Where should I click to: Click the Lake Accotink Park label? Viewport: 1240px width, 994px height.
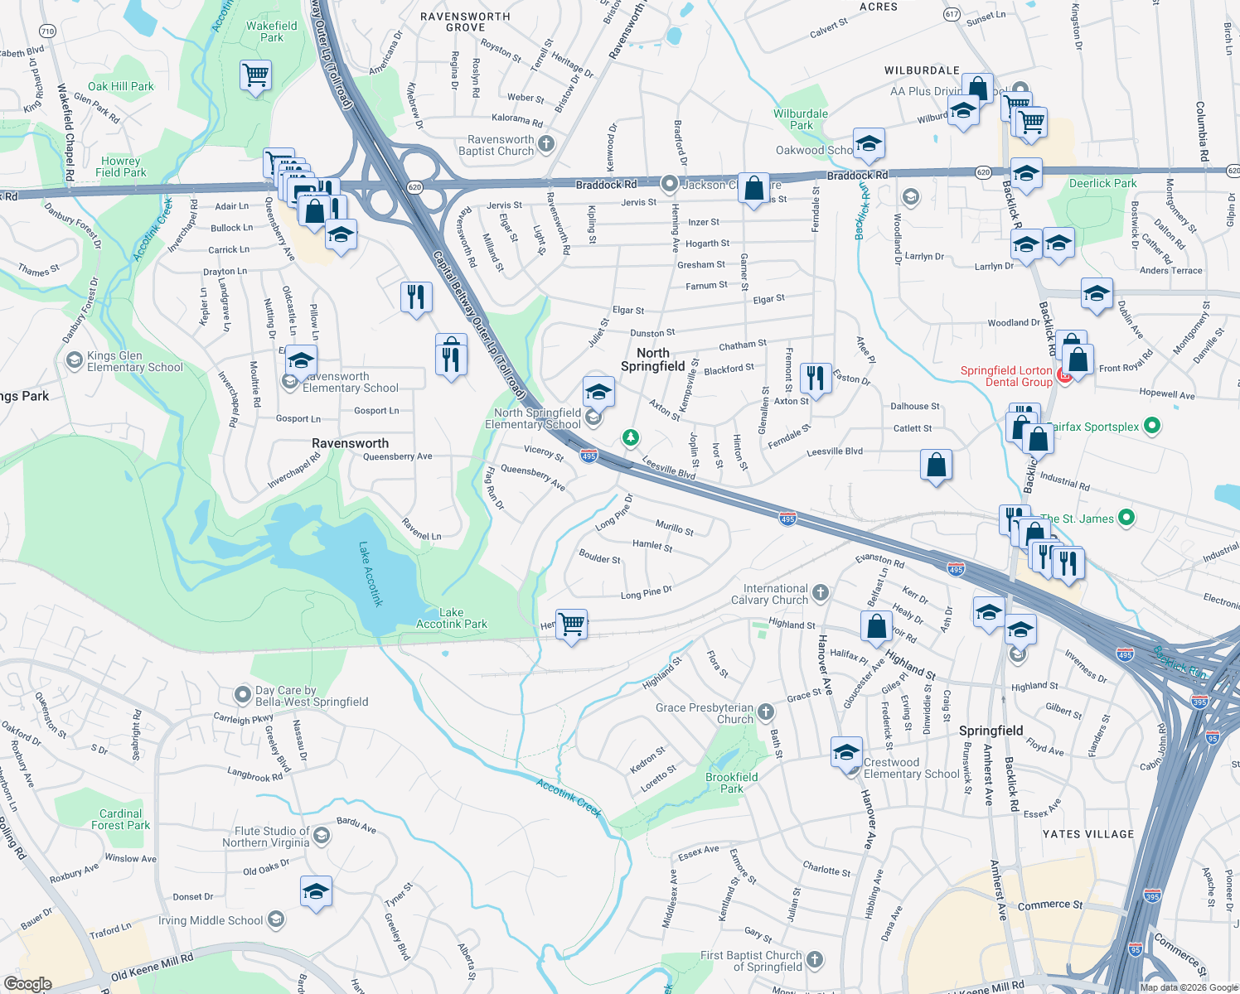coord(451,618)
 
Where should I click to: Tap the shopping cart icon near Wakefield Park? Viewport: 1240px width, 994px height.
coord(256,76)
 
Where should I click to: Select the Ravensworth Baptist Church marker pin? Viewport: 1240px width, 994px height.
coord(546,144)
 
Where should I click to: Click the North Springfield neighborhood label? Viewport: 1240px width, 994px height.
coord(652,359)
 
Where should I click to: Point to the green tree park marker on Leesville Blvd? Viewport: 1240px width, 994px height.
coord(631,437)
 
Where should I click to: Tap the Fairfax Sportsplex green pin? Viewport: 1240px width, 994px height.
coord(1151,426)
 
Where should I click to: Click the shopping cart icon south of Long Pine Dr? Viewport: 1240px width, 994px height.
coord(571,624)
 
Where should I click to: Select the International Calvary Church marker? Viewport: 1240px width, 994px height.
coord(820,592)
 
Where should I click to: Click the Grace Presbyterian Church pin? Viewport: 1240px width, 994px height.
coord(766,712)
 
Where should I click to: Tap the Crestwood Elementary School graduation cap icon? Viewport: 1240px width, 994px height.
coord(846,753)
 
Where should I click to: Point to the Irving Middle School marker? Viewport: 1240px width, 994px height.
coord(276,919)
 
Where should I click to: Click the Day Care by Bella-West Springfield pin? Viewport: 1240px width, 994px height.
coord(242,694)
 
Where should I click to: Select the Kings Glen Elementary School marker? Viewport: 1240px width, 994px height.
coord(74,360)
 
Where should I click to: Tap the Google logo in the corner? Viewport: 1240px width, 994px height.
coord(27,983)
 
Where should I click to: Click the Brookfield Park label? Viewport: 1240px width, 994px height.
coord(731,783)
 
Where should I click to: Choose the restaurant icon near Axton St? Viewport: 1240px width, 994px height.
coord(816,378)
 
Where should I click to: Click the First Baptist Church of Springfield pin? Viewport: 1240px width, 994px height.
coord(815,959)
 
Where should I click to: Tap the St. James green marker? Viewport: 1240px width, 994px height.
coord(1126,518)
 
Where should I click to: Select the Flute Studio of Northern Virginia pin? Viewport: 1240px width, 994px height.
coord(322,836)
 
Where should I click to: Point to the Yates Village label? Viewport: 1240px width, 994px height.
coord(1087,834)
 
